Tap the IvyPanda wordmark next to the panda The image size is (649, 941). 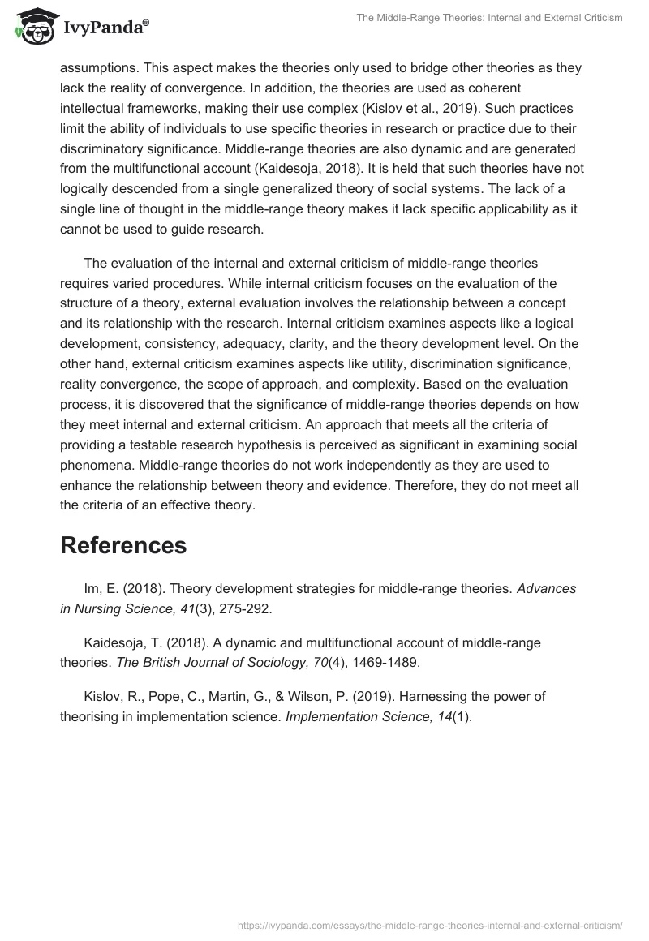[x=105, y=28]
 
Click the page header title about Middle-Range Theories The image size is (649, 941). [x=489, y=18]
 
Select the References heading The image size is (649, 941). [x=123, y=545]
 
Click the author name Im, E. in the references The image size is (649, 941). [x=101, y=588]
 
